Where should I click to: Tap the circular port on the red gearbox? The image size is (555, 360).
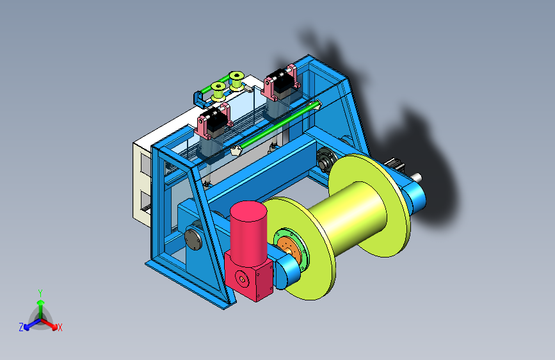[x=242, y=279]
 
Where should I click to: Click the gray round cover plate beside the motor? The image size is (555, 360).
[x=193, y=238]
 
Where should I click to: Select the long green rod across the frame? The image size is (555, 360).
[x=278, y=126]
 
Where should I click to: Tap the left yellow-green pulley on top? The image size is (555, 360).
[x=218, y=91]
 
